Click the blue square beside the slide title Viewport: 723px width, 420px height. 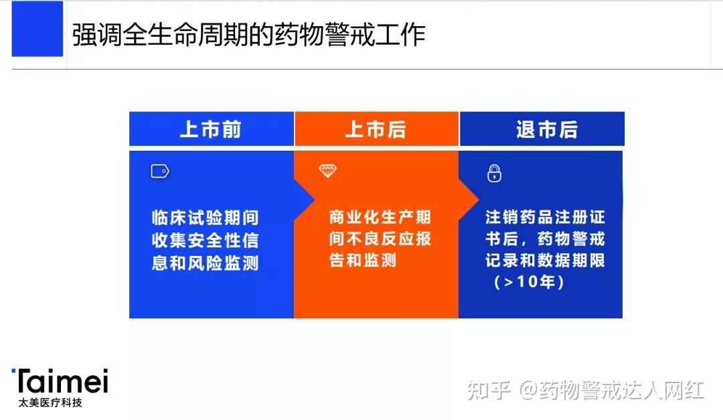(37, 29)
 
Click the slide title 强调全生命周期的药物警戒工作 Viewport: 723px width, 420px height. (248, 35)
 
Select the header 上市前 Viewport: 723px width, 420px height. (211, 129)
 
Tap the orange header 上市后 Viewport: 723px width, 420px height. (376, 129)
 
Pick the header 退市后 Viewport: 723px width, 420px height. (547, 129)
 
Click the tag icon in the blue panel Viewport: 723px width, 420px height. (160, 171)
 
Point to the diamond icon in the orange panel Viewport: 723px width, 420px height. (328, 171)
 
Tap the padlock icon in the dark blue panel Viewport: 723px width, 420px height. (494, 173)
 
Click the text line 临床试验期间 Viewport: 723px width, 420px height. (206, 218)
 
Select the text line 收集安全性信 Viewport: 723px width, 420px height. (206, 240)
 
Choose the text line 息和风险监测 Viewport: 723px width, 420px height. (206, 263)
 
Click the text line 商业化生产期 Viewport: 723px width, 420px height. (380, 216)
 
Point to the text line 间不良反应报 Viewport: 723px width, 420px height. (380, 238)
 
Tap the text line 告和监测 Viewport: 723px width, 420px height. (362, 261)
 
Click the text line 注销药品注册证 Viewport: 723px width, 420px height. (545, 216)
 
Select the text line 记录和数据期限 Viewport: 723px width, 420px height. (545, 261)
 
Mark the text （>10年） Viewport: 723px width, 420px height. (529, 281)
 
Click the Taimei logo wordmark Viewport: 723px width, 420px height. (60, 380)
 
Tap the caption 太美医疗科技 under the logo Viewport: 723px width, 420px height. (50, 403)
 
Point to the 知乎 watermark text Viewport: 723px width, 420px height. (489, 391)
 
